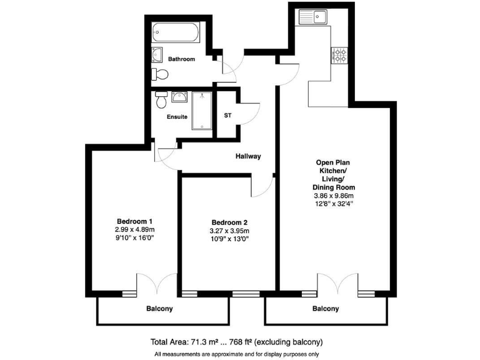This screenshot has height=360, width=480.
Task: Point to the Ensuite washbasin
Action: click(179, 97)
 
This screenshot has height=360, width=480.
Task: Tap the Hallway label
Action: click(248, 156)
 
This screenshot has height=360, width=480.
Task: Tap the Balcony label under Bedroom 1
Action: click(159, 309)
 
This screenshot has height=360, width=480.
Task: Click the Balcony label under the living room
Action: click(325, 309)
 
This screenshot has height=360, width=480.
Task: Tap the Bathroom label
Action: click(181, 59)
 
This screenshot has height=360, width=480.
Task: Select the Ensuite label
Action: click(177, 117)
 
